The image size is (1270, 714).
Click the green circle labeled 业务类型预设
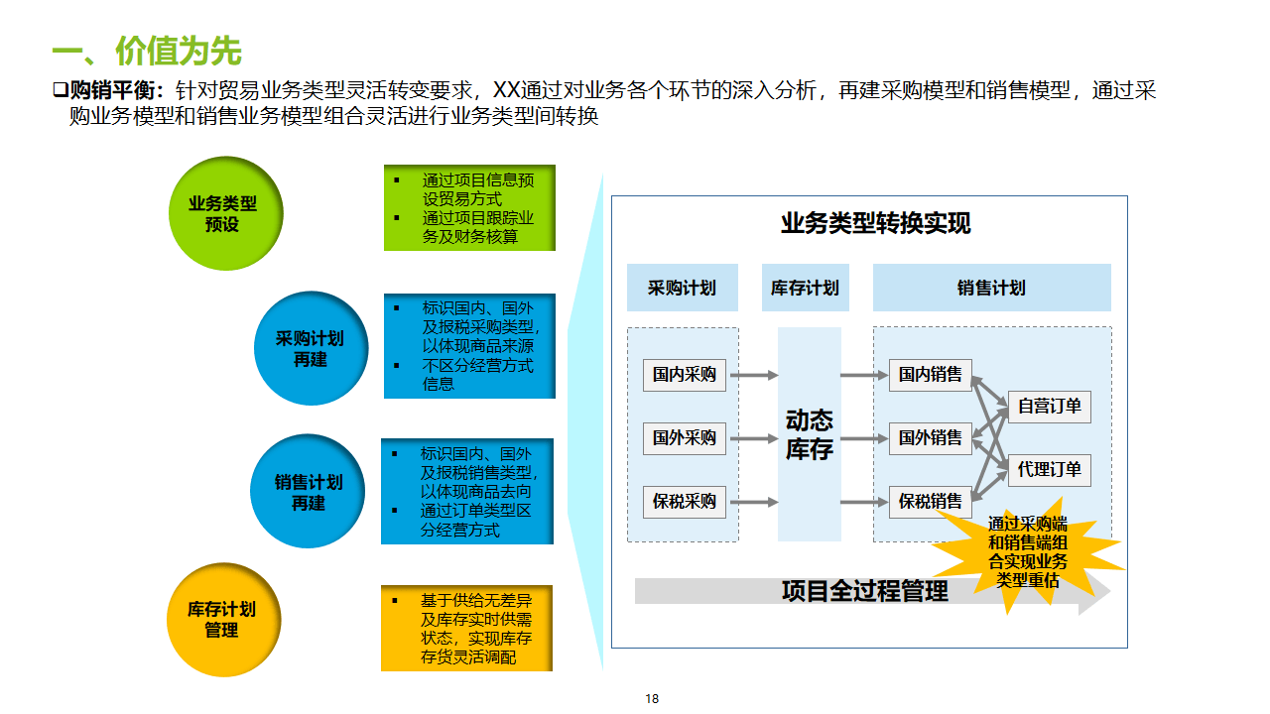[x=225, y=213]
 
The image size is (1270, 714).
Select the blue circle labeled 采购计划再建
[x=311, y=348]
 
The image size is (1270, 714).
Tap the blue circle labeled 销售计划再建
[x=309, y=492]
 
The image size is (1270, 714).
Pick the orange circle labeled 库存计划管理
[x=222, y=620]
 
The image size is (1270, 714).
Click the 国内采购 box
[x=685, y=375]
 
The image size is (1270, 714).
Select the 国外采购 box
[x=685, y=437]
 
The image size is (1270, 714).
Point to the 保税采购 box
[x=685, y=502]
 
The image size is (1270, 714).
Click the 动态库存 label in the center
[x=809, y=435]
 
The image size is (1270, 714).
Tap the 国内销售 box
[x=930, y=375]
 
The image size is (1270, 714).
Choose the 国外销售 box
[x=930, y=437]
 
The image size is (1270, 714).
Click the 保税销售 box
[x=930, y=502]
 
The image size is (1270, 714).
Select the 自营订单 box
[x=1049, y=407]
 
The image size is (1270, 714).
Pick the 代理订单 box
[x=1049, y=470]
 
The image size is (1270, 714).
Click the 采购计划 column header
[x=682, y=288]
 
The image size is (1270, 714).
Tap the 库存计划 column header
[x=805, y=288]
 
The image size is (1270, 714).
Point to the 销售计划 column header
[x=991, y=288]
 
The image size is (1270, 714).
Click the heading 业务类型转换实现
[x=875, y=223]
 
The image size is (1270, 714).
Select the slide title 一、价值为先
[x=146, y=51]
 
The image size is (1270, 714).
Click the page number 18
[x=652, y=698]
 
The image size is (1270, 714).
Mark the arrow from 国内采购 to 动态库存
[x=759, y=375]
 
